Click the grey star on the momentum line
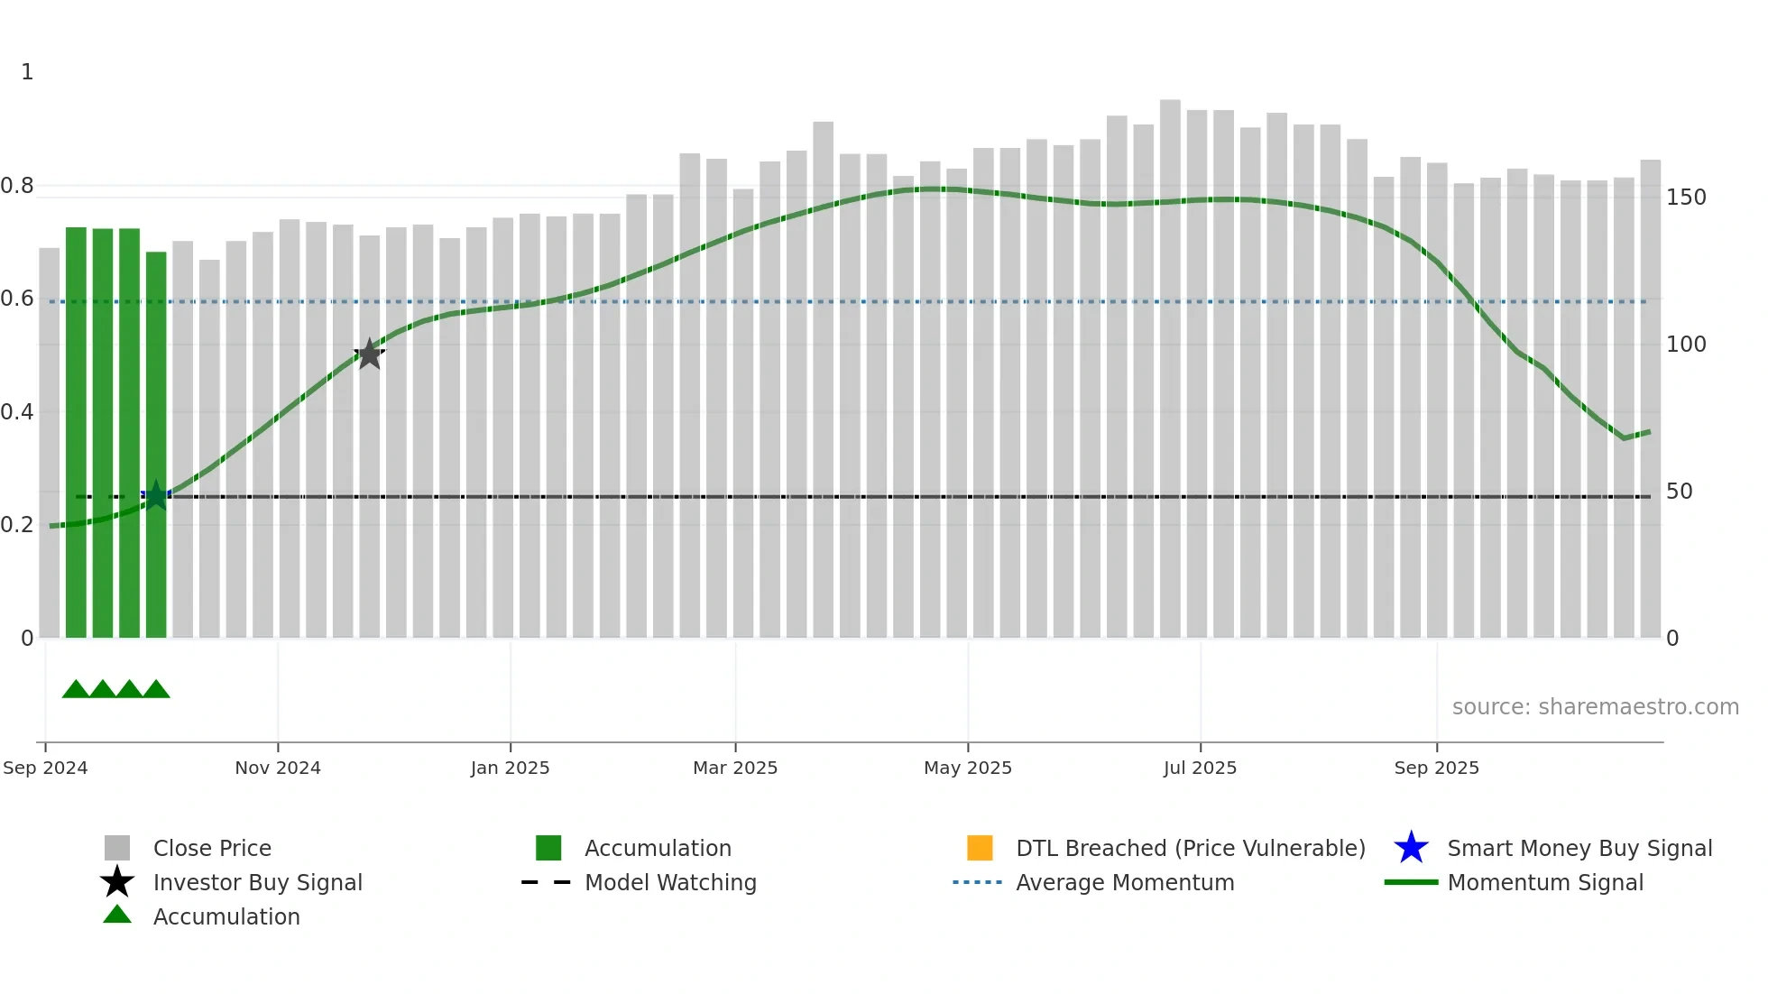coord(369,354)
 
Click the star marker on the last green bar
coord(156,495)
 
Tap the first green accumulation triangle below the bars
coord(76,690)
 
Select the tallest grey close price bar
coord(1170,361)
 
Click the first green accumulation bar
coord(76,433)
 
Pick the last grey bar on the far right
coord(1650,397)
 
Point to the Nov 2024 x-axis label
coord(278,768)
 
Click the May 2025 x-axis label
coord(968,768)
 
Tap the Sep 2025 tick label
coord(1436,768)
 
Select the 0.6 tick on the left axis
coord(17,299)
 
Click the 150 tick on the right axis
coord(1685,198)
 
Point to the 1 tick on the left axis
coord(27,72)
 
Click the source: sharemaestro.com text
coord(1595,707)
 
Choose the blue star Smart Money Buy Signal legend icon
coord(1411,848)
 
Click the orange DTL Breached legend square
coord(980,848)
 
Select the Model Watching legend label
coord(670,882)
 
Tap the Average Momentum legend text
coord(1125,882)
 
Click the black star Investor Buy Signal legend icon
coord(117,882)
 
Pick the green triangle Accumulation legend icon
coord(117,915)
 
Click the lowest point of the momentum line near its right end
coord(1624,438)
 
